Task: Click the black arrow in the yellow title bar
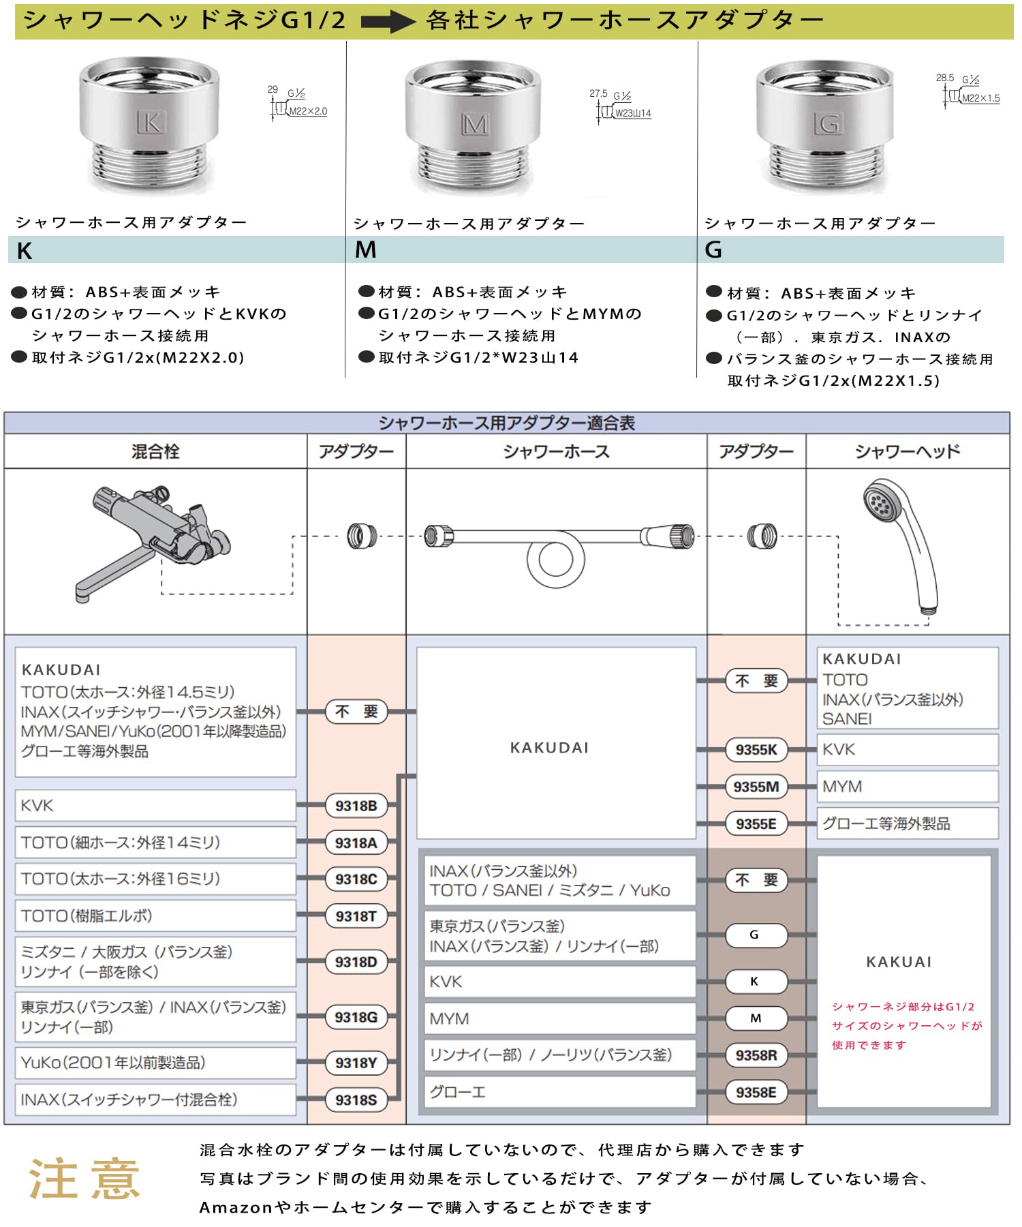click(387, 22)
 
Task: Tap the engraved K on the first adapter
click(151, 123)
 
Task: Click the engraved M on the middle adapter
click(474, 125)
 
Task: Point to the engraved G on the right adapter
click(828, 124)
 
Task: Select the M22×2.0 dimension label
click(308, 112)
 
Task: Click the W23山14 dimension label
click(633, 114)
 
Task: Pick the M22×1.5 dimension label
click(980, 99)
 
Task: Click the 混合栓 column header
click(155, 451)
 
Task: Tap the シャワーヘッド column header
click(907, 451)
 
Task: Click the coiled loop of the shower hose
click(555, 560)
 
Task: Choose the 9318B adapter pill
click(356, 806)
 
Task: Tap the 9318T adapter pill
click(356, 916)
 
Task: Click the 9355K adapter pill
click(756, 750)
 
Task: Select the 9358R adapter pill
click(756, 1055)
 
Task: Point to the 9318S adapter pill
click(356, 1100)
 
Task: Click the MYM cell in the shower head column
click(907, 787)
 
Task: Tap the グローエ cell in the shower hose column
click(559, 1092)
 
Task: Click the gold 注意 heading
click(84, 1179)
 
